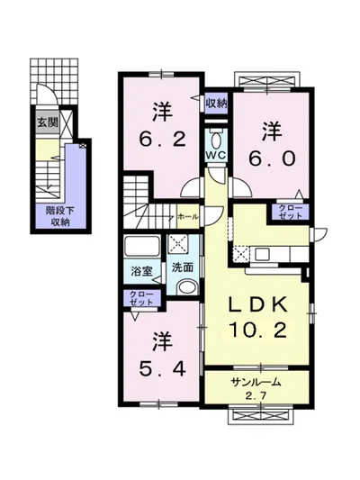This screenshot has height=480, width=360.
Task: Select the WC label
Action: pos(215,155)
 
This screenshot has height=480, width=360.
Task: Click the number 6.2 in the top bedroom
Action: pos(163,140)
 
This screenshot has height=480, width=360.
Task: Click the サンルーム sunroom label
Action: pos(256,382)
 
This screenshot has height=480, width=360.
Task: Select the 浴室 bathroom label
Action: pos(141,267)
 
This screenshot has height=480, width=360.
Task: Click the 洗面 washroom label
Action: pos(184,267)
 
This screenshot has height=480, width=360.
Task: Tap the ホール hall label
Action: pos(188,217)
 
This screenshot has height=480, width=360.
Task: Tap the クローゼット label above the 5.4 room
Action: pos(141,298)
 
